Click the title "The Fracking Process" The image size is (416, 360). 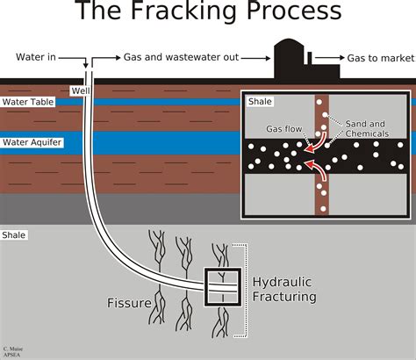[208, 12]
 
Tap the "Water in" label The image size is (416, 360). [37, 57]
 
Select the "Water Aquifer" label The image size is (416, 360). [31, 141]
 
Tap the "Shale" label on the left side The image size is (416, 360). [14, 235]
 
